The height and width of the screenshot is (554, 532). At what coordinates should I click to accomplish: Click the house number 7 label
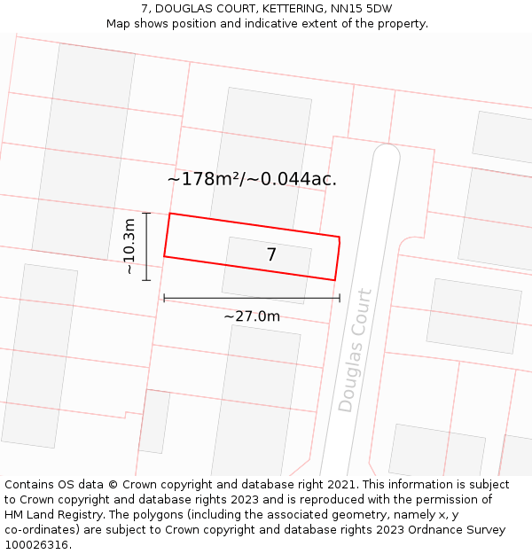271,255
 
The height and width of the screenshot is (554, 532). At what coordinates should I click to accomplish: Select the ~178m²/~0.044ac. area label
252,179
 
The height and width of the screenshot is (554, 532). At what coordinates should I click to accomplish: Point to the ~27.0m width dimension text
252,316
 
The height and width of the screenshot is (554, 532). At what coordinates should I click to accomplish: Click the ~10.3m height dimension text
129,246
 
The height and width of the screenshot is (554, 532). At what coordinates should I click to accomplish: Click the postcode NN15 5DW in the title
354,9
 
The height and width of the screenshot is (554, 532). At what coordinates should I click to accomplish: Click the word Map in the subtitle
119,23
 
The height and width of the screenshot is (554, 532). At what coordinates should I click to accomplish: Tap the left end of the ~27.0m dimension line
164,298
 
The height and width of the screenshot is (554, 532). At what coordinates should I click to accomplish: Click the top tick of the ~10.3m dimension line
146,213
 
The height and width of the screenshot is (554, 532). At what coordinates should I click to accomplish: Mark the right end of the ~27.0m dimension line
340,298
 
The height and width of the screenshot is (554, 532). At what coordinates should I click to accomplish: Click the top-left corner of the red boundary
170,214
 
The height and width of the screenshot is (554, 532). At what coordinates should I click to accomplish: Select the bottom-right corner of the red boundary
335,280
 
